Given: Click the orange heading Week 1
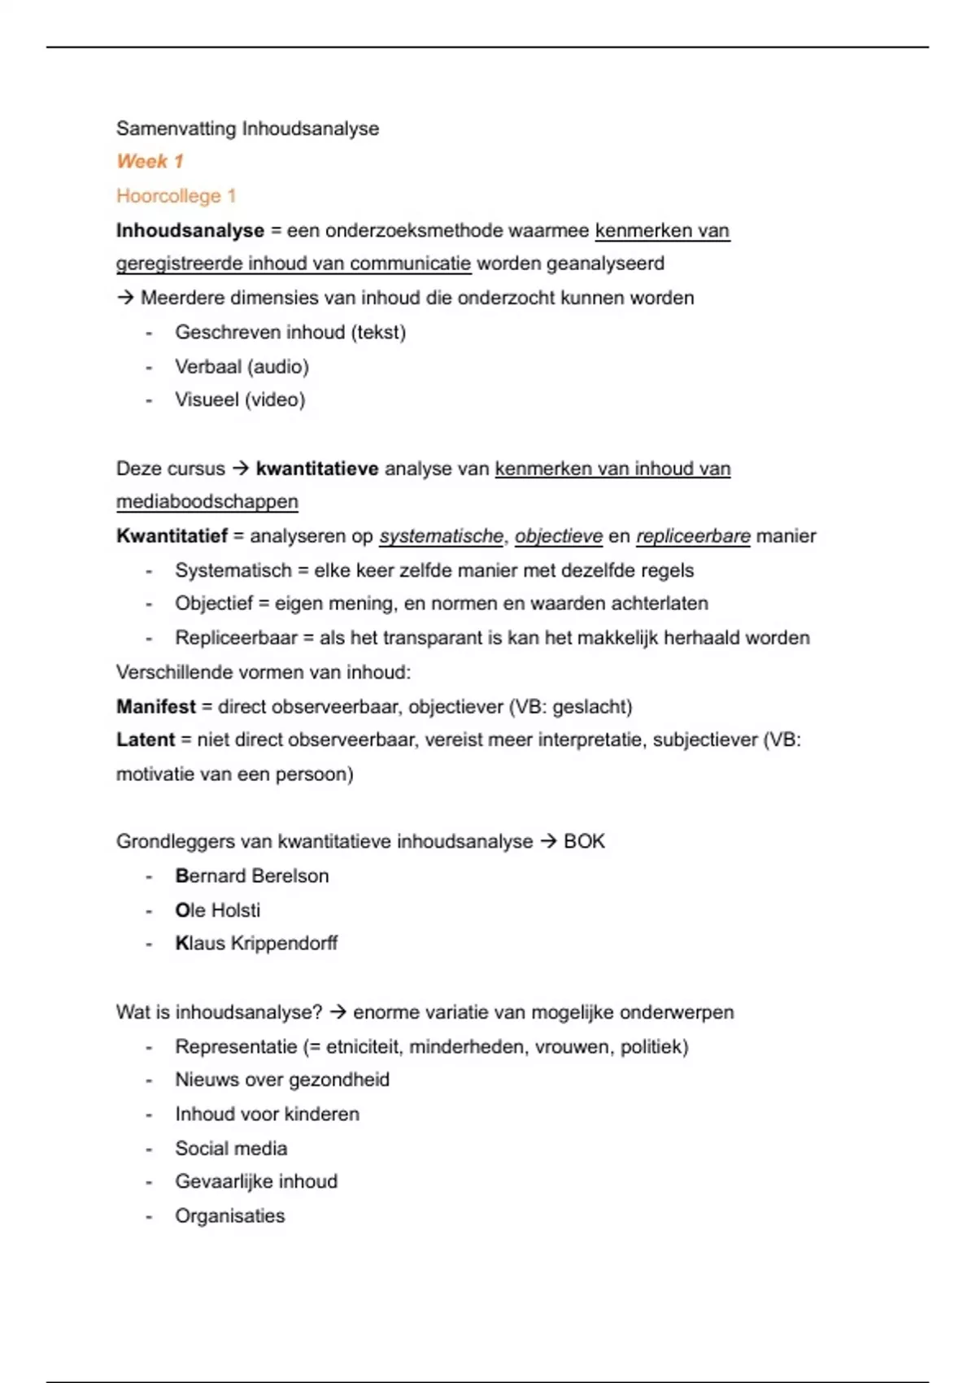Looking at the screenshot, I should [x=150, y=161].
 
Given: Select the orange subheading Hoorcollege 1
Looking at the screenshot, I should [x=176, y=196].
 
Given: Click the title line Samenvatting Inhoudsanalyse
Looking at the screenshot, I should [x=247, y=129].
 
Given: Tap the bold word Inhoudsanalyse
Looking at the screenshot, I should [x=190, y=231].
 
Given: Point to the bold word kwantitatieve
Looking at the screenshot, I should [x=316, y=469].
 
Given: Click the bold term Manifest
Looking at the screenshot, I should [x=156, y=706].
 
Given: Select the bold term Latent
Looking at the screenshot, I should [x=146, y=739].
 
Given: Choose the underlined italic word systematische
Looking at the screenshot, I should [x=441, y=536].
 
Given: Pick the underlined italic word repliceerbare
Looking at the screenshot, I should [x=693, y=536].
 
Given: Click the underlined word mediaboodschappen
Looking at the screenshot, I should [x=207, y=502].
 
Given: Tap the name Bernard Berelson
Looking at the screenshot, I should [x=251, y=876].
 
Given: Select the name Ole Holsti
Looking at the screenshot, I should [x=217, y=910].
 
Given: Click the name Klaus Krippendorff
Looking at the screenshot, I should [x=256, y=944].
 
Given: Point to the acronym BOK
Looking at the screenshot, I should [x=584, y=841].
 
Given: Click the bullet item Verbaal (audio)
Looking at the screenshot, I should [x=242, y=367].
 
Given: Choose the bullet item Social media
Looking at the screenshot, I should [x=231, y=1149].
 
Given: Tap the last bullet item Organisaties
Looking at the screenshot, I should [x=229, y=1216].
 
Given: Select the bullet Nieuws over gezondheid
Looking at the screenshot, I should [x=281, y=1080].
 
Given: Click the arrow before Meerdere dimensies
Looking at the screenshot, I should [x=125, y=298].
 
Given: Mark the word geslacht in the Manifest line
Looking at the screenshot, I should [x=590, y=706].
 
